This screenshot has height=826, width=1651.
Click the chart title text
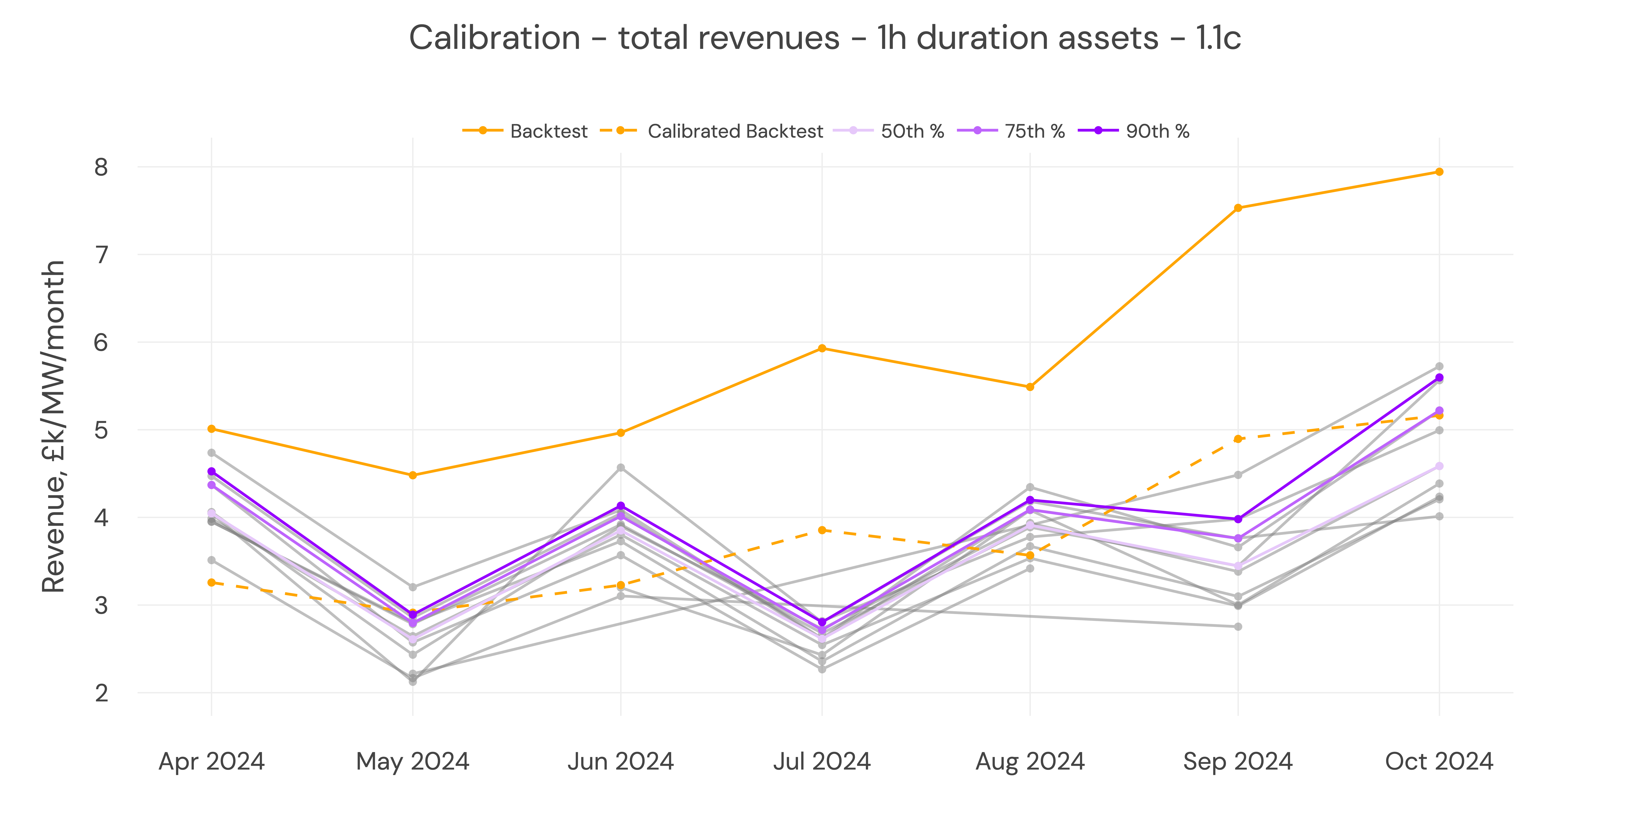pyautogui.click(x=825, y=38)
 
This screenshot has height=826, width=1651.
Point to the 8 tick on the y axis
pyautogui.click(x=101, y=167)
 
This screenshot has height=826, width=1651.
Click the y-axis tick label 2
pyautogui.click(x=101, y=693)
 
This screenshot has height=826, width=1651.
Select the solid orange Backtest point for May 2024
pyautogui.click(x=413, y=475)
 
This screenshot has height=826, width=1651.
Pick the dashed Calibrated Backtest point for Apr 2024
pyautogui.click(x=211, y=582)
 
